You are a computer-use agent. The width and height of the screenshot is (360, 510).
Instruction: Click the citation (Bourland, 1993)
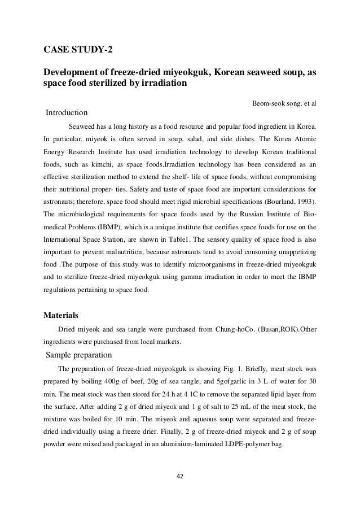pos(287,202)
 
